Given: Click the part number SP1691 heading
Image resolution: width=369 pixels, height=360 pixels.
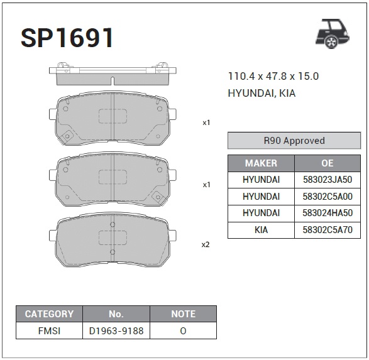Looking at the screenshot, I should pyautogui.click(x=67, y=38).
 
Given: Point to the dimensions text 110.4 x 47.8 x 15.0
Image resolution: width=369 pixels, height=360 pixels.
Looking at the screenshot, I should pyautogui.click(x=273, y=77).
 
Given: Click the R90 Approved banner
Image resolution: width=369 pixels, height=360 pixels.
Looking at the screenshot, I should pyautogui.click(x=294, y=141).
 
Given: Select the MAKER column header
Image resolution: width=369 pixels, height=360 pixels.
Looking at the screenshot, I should pyautogui.click(x=261, y=163).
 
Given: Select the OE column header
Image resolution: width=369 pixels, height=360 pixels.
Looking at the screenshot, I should pyautogui.click(x=328, y=163).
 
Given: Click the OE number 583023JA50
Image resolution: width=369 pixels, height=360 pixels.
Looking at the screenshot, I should pyautogui.click(x=328, y=180).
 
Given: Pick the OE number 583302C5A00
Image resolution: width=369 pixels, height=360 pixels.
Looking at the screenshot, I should pyautogui.click(x=328, y=197).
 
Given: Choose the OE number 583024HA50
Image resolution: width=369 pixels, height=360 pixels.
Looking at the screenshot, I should pyautogui.click(x=328, y=214).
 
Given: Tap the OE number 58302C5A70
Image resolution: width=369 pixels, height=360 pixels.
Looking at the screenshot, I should pyautogui.click(x=328, y=230).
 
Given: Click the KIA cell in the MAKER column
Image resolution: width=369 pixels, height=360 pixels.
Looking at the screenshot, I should pyautogui.click(x=261, y=230).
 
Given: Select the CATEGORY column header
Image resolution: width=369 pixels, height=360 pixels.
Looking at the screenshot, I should pyautogui.click(x=49, y=314).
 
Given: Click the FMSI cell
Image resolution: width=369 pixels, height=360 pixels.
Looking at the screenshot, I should pyautogui.click(x=49, y=330).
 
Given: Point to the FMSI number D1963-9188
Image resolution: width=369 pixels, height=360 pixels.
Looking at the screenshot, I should pyautogui.click(x=116, y=330).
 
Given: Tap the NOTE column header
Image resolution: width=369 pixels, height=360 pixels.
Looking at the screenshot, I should pyautogui.click(x=183, y=314).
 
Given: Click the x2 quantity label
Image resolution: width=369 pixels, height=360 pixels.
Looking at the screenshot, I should pyautogui.click(x=205, y=244).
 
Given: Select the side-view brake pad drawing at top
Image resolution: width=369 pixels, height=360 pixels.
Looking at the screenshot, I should pyautogui.click(x=111, y=75).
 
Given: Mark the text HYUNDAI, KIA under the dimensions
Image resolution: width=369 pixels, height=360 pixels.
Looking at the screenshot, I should pyautogui.click(x=262, y=93).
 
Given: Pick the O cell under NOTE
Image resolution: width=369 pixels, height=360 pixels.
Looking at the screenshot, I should pyautogui.click(x=183, y=330).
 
